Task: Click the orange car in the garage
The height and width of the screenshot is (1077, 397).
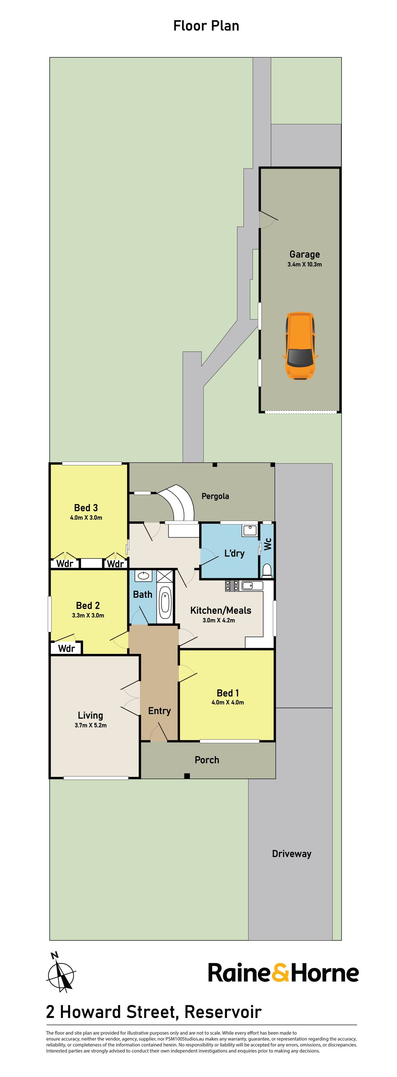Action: tap(300, 346)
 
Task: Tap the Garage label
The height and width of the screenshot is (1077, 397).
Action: tap(305, 254)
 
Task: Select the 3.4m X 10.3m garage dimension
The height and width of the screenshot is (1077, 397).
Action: tap(305, 265)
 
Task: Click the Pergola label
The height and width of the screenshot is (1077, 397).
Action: tap(215, 496)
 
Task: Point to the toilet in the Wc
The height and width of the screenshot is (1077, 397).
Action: tap(267, 570)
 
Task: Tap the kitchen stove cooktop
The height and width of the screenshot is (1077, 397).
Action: tap(232, 586)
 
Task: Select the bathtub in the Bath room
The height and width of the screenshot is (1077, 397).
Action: tap(165, 602)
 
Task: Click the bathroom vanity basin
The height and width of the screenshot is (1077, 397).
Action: tap(143, 576)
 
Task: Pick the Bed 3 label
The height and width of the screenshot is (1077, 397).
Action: tap(86, 508)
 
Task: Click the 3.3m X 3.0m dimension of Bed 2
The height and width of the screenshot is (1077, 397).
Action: tap(88, 615)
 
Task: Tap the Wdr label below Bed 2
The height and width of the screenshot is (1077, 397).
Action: tap(66, 648)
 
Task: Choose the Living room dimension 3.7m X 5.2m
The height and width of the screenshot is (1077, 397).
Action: tap(91, 725)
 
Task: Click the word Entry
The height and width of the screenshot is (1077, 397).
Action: tap(160, 711)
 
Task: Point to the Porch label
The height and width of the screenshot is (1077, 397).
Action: tap(207, 760)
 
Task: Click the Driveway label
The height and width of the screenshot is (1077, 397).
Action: tap(292, 854)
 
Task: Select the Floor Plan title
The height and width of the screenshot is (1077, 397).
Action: tap(206, 26)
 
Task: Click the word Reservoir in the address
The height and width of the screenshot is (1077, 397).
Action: tap(223, 1012)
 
